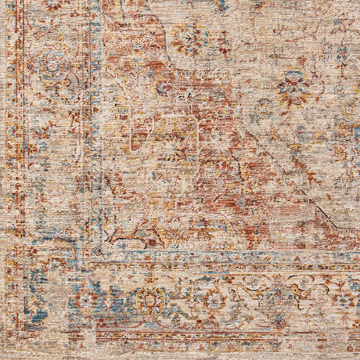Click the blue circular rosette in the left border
53,67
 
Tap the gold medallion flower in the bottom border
149,300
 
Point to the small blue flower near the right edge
342,55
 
